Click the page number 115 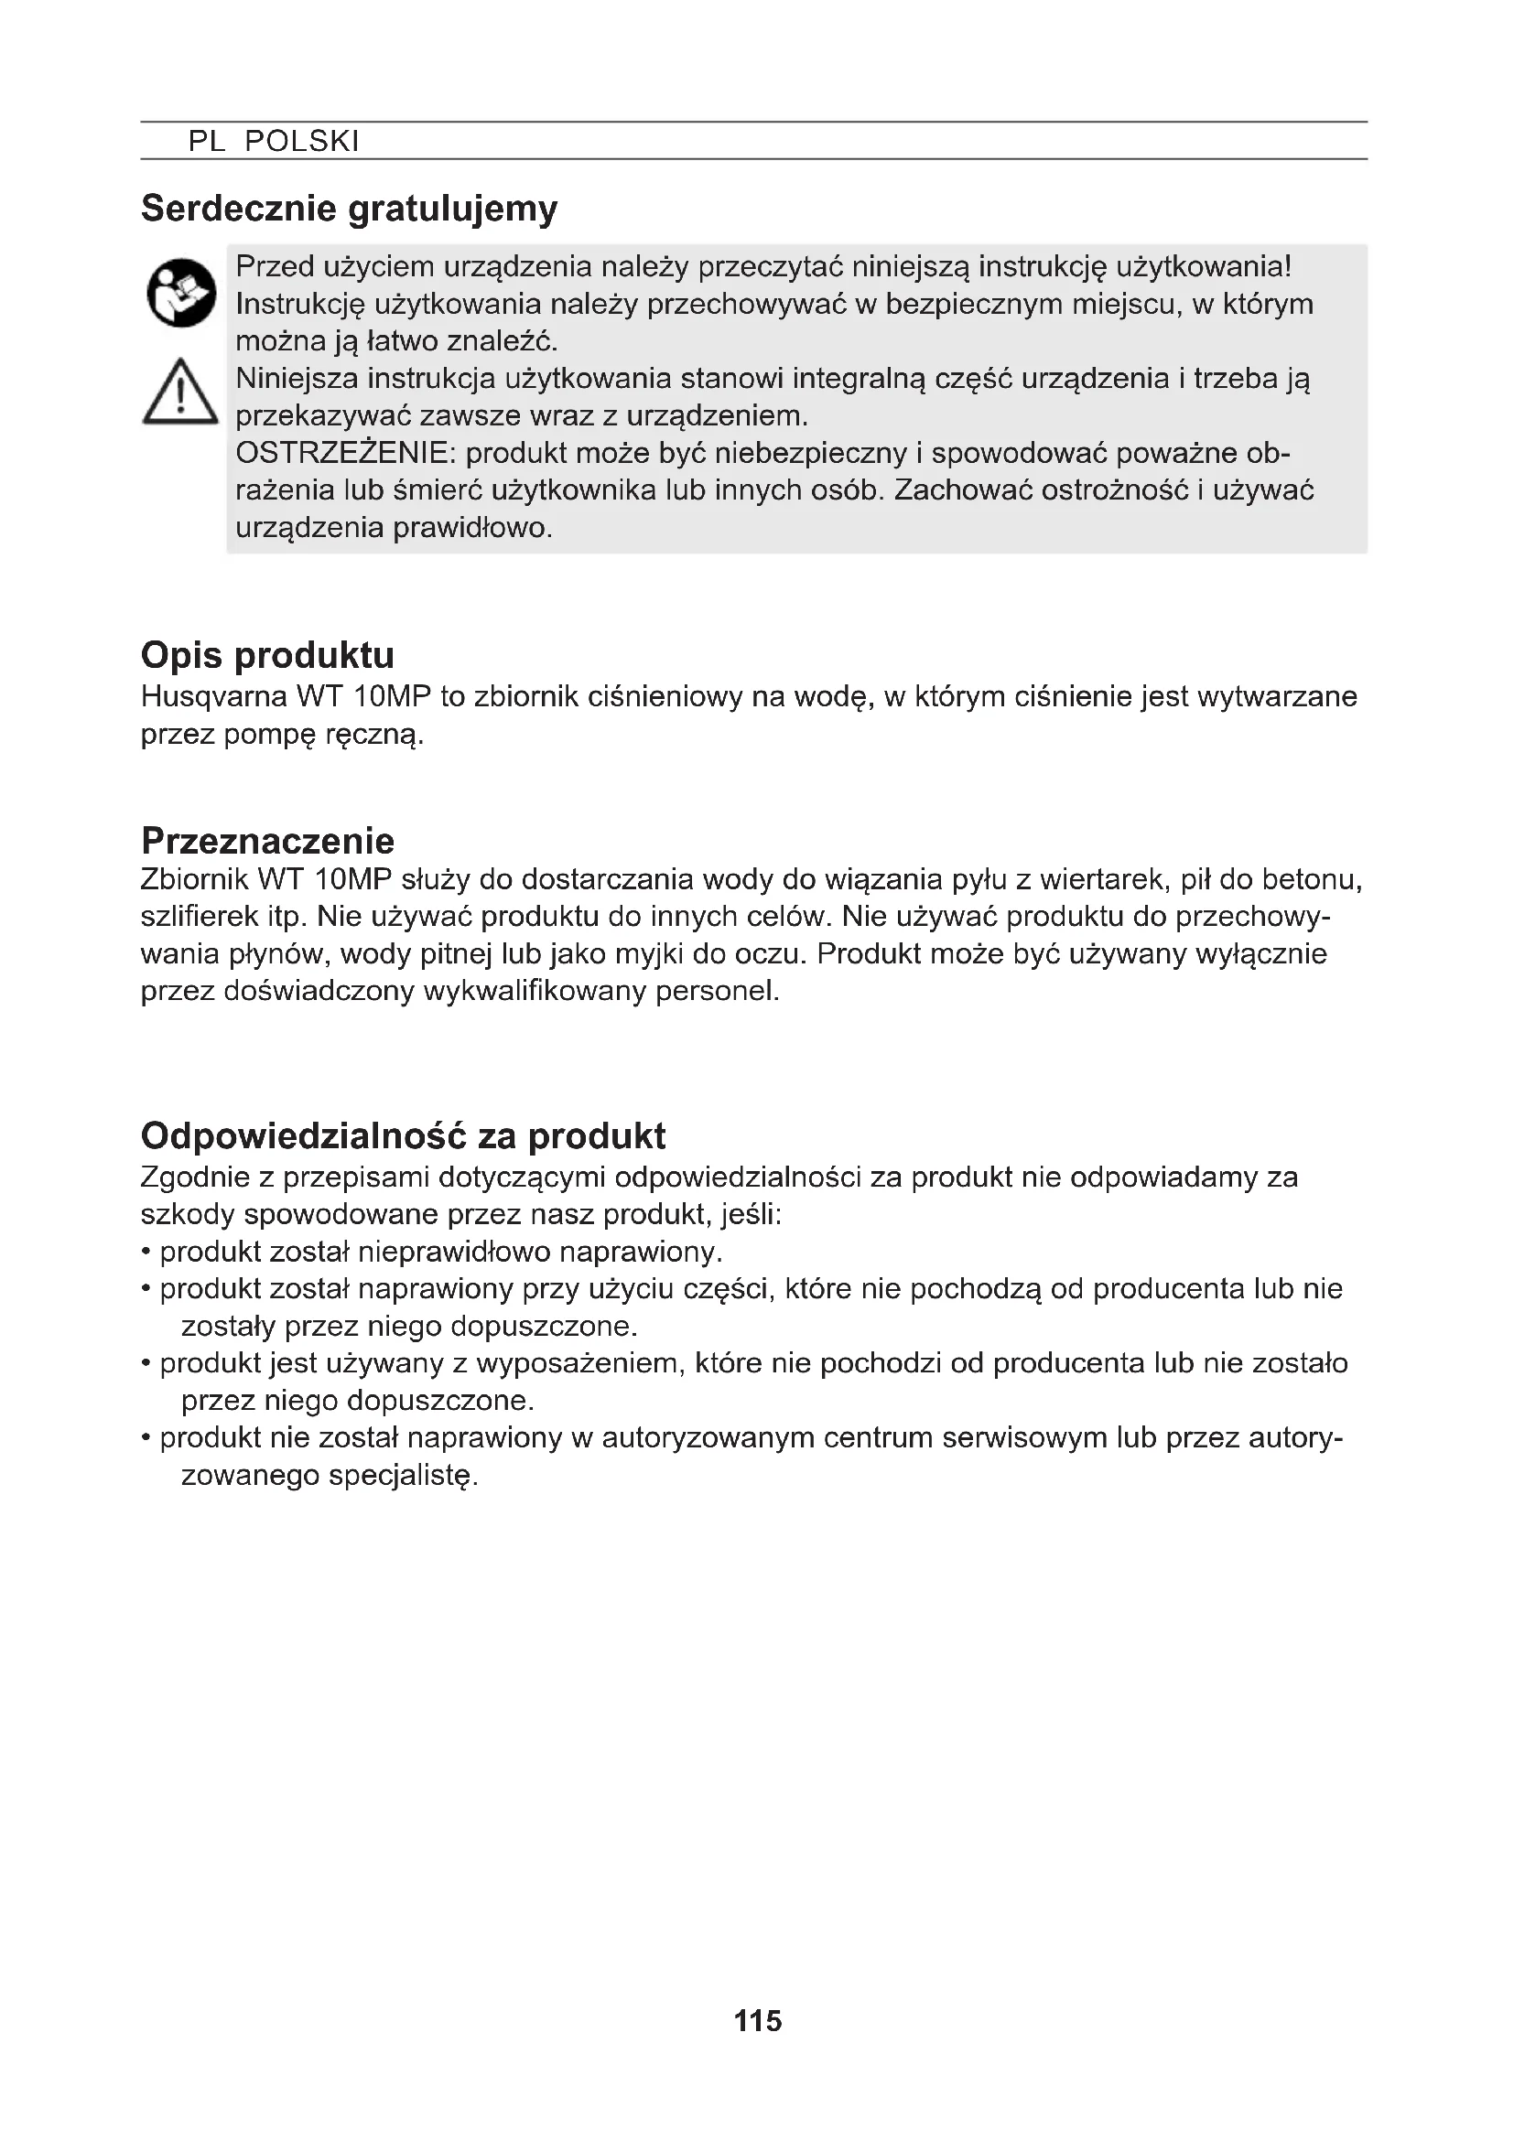(757, 2021)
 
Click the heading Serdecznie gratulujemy (349, 208)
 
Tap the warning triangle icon (180, 393)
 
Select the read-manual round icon (181, 292)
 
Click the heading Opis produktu (267, 655)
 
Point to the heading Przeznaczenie (267, 841)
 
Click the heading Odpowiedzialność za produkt (403, 1135)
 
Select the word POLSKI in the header (301, 142)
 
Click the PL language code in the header (207, 142)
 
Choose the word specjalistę (403, 1476)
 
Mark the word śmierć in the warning (435, 491)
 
